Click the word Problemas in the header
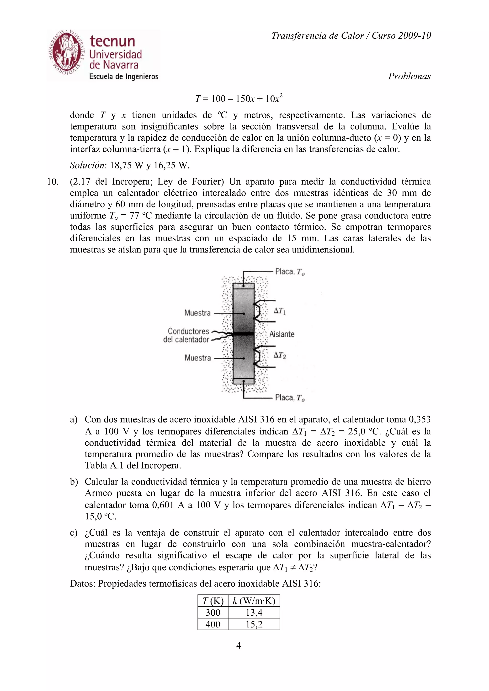point(409,76)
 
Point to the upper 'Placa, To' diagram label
point(290,272)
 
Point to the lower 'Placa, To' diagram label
point(290,398)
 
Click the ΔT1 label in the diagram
point(280,311)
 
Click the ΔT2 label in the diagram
point(280,356)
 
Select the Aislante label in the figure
point(282,334)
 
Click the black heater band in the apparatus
point(244,334)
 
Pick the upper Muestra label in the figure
point(197,313)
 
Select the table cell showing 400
point(213,624)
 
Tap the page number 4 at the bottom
point(238,645)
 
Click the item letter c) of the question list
point(74,533)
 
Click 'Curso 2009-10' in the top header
point(401,36)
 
